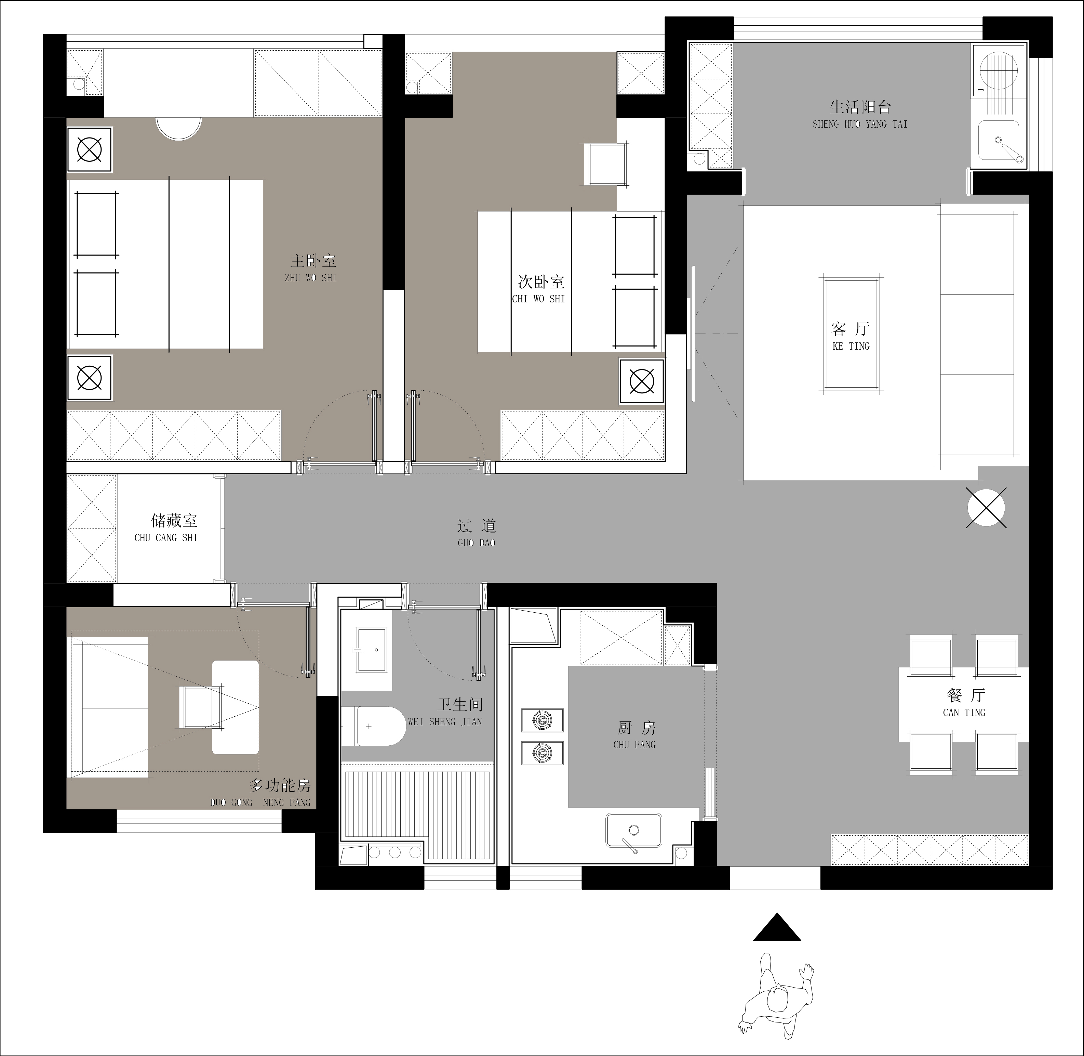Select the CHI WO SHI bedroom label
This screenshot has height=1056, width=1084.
click(538, 299)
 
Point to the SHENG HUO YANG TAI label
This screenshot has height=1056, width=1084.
click(860, 124)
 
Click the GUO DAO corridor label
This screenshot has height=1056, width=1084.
click(477, 543)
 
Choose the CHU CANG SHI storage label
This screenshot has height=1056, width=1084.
click(166, 537)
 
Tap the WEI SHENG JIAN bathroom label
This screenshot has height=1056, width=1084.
click(445, 721)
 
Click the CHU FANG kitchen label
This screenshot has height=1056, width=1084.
click(634, 744)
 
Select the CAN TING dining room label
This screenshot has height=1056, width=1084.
click(964, 712)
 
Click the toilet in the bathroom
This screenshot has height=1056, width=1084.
click(373, 726)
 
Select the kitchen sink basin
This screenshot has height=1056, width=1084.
click(633, 830)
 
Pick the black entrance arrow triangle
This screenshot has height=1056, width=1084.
click(777, 926)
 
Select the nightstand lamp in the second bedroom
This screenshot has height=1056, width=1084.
click(642, 381)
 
